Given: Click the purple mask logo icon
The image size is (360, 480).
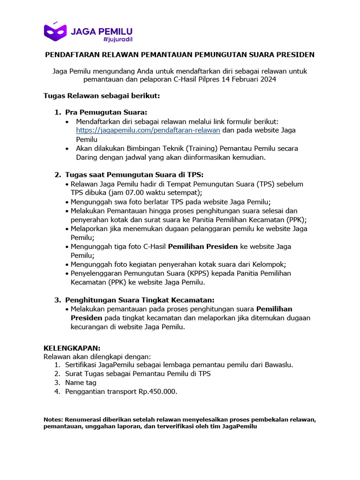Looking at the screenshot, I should tap(55, 31).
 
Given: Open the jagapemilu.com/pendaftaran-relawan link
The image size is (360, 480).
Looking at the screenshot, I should tap(148, 130).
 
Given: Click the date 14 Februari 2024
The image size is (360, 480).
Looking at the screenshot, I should tap(248, 80).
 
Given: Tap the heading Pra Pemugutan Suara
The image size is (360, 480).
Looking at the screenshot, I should tap(106, 112).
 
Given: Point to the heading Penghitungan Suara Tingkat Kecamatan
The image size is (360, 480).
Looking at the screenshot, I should tap(140, 300).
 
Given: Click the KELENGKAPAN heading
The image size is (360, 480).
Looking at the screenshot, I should tap(72, 348).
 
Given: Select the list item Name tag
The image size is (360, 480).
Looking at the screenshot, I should tap(81, 382).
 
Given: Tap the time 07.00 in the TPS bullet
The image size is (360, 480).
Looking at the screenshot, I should tap(128, 193).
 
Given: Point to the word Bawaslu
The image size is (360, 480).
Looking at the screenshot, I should tap(279, 365).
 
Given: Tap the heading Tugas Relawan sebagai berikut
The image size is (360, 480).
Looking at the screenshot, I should tap(102, 96).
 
